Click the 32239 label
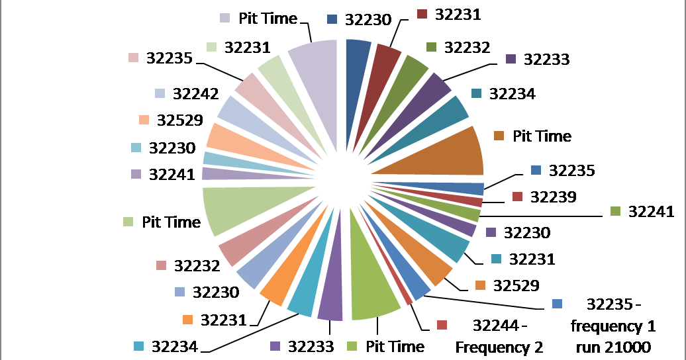point(553,197)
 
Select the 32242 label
point(196,93)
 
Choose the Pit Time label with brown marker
point(542,136)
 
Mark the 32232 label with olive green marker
point(467,47)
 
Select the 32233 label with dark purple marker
point(546,59)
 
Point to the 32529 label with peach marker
point(180,120)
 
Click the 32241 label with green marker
point(651,212)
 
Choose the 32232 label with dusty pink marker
point(197,265)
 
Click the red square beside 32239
point(518,197)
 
